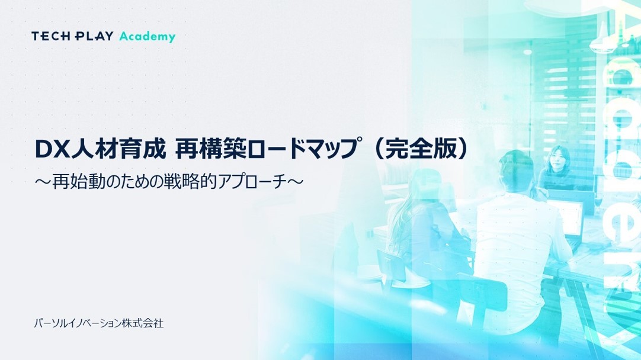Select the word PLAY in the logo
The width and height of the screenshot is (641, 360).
tap(94, 36)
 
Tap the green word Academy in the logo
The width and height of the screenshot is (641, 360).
tap(147, 37)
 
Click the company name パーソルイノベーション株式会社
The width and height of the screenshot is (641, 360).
tap(99, 323)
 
